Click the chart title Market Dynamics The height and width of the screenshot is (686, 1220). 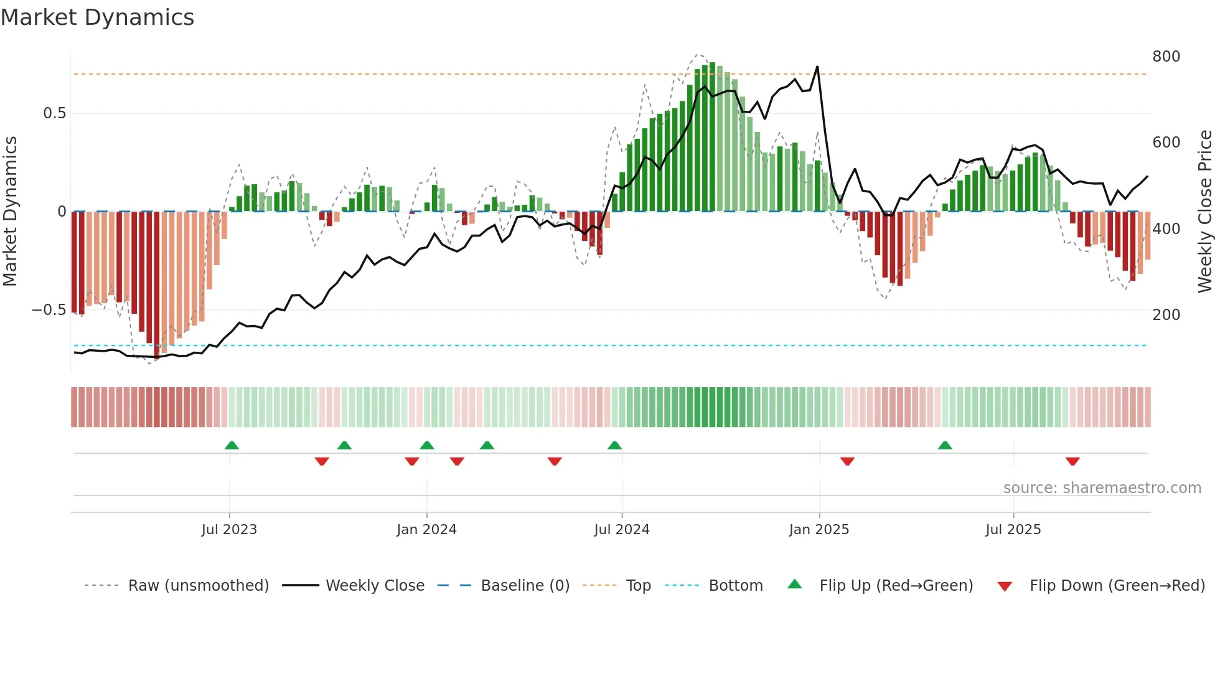(97, 17)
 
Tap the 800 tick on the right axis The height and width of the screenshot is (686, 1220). (1166, 57)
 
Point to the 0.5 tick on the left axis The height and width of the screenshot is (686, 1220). (54, 113)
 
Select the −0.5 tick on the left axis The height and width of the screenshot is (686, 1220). (49, 310)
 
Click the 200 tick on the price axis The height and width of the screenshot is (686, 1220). (1166, 315)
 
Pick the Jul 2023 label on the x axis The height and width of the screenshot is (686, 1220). (229, 530)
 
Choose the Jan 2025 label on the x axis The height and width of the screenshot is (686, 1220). (819, 530)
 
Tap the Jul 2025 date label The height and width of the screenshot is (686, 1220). (1013, 530)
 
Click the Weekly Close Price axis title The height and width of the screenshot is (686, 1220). (1205, 212)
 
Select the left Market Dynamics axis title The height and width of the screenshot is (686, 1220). (10, 212)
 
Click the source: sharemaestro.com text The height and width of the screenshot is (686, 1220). (1102, 488)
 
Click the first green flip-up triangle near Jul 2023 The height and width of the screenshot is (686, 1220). (232, 446)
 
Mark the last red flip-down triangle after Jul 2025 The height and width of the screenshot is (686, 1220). (1072, 461)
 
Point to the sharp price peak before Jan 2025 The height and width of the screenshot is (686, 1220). (817, 67)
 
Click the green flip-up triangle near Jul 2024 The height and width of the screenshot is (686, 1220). (614, 446)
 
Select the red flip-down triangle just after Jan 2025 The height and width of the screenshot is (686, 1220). (847, 461)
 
